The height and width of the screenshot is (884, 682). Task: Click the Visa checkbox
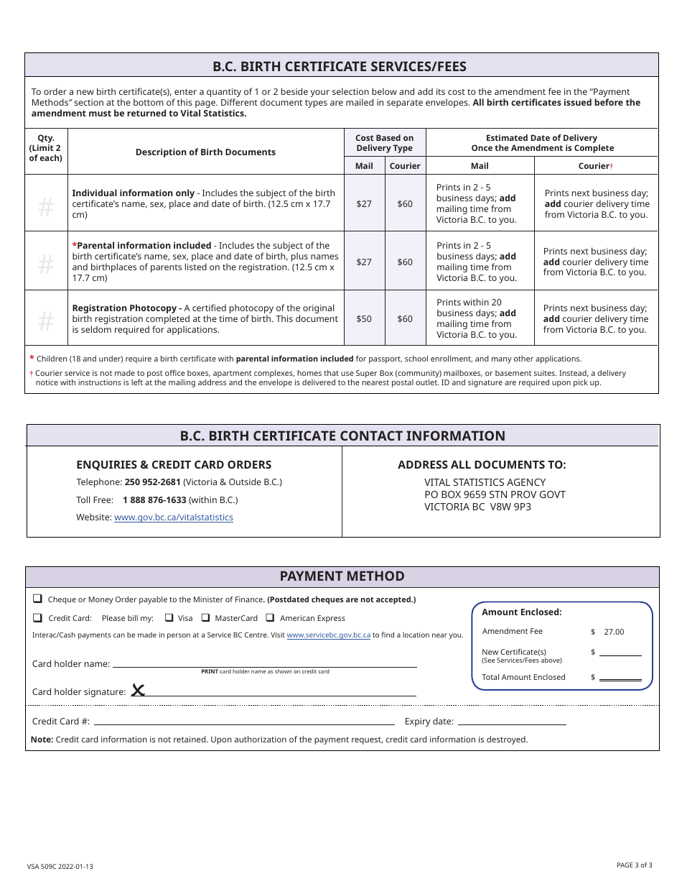click(x=169, y=617)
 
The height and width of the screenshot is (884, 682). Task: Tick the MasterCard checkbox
click(x=205, y=617)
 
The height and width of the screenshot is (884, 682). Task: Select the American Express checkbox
click(x=270, y=617)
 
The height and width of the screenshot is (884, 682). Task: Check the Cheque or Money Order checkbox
click(x=37, y=599)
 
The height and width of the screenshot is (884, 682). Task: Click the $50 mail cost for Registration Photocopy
click(x=364, y=318)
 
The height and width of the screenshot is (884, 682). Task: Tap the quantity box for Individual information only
click(x=46, y=208)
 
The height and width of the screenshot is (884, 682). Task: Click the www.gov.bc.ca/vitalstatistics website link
click(x=173, y=517)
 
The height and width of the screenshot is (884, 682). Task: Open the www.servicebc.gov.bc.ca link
click(x=328, y=635)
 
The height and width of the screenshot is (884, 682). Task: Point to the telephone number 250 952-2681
click(x=152, y=482)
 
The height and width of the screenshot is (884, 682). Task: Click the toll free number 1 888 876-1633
click(x=154, y=499)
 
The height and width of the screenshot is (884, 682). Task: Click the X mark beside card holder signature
click(x=138, y=691)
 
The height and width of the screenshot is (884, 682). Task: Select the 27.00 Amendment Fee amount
click(x=614, y=632)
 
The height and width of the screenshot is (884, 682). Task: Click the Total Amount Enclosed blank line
click(x=620, y=677)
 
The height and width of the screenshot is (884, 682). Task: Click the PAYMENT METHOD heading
click(x=342, y=576)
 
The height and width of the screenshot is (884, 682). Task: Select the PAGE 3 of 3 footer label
click(x=634, y=865)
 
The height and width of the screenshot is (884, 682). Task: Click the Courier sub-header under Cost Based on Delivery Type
click(x=405, y=166)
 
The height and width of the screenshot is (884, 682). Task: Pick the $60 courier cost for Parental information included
click(x=405, y=262)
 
